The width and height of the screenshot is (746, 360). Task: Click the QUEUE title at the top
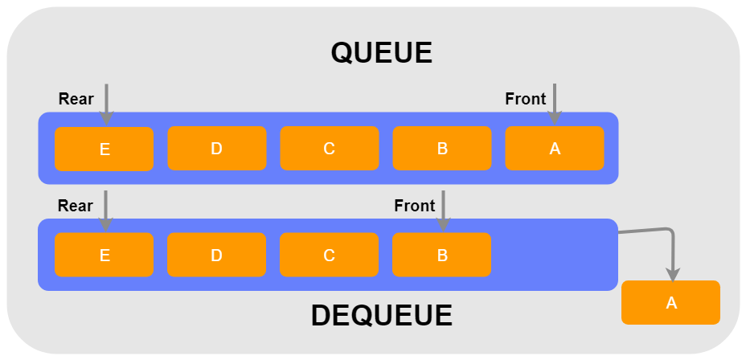pyautogui.click(x=381, y=53)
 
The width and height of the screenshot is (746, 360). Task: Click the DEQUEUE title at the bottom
pyautogui.click(x=381, y=316)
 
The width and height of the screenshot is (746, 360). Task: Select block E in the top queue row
pyautogui.click(x=104, y=149)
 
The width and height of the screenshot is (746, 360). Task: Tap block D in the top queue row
pyautogui.click(x=216, y=149)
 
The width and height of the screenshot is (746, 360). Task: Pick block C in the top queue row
pyautogui.click(x=329, y=149)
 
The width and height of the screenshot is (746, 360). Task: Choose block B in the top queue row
pyautogui.click(x=441, y=149)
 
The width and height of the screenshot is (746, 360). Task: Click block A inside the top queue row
pyautogui.click(x=554, y=149)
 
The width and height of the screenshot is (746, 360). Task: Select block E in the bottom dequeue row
pyautogui.click(x=104, y=255)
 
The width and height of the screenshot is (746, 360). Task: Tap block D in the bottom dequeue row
pyautogui.click(x=216, y=255)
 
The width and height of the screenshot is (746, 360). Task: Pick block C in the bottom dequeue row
pyautogui.click(x=329, y=255)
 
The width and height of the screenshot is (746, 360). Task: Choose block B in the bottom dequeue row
pyautogui.click(x=441, y=255)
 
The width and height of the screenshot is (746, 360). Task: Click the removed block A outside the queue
pyautogui.click(x=670, y=302)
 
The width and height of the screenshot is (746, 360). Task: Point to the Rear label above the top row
pyautogui.click(x=76, y=100)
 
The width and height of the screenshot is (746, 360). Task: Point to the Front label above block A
pyautogui.click(x=525, y=100)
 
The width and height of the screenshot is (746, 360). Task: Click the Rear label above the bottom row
pyautogui.click(x=76, y=206)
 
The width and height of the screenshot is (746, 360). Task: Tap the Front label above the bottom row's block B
pyautogui.click(x=414, y=206)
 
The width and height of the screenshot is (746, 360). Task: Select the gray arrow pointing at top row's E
pyautogui.click(x=106, y=103)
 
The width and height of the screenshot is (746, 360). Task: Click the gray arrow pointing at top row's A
pyautogui.click(x=555, y=103)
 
